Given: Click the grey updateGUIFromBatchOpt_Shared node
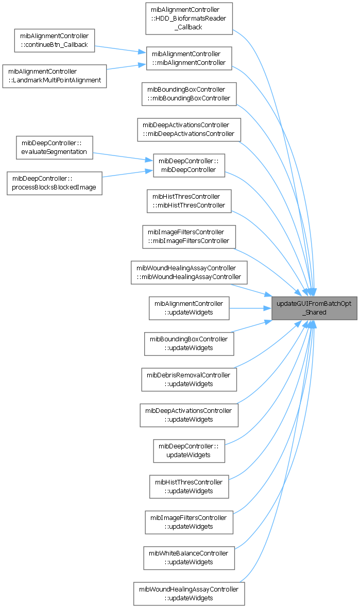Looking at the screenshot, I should pyautogui.click(x=314, y=308).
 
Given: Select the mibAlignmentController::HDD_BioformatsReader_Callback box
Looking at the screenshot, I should pyautogui.click(x=188, y=19).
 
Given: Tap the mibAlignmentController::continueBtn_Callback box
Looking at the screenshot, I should pyautogui.click(x=54, y=40).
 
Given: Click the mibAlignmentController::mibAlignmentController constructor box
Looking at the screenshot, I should pyautogui.click(x=188, y=58).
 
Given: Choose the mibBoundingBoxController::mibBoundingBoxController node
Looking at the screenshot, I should pyautogui.click(x=188, y=94).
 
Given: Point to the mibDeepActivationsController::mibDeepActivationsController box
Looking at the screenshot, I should pyautogui.click(x=188, y=129).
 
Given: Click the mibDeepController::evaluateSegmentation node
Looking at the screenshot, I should pyautogui.click(x=54, y=148).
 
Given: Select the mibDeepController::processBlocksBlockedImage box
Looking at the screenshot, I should pyautogui.click(x=54, y=183).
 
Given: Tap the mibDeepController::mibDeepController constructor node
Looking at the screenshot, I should pyautogui.click(x=188, y=165).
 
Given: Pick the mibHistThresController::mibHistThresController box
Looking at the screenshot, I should pyautogui.click(x=188, y=201).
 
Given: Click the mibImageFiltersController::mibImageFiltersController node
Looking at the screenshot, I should pyautogui.click(x=188, y=236).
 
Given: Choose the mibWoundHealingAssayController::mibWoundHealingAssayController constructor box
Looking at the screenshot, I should pyautogui.click(x=188, y=272).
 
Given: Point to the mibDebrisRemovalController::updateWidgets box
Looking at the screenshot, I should pyautogui.click(x=188, y=379).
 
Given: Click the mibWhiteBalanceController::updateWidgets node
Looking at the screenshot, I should pyautogui.click(x=188, y=558).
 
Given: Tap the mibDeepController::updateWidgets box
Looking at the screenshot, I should pyautogui.click(x=188, y=450).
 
